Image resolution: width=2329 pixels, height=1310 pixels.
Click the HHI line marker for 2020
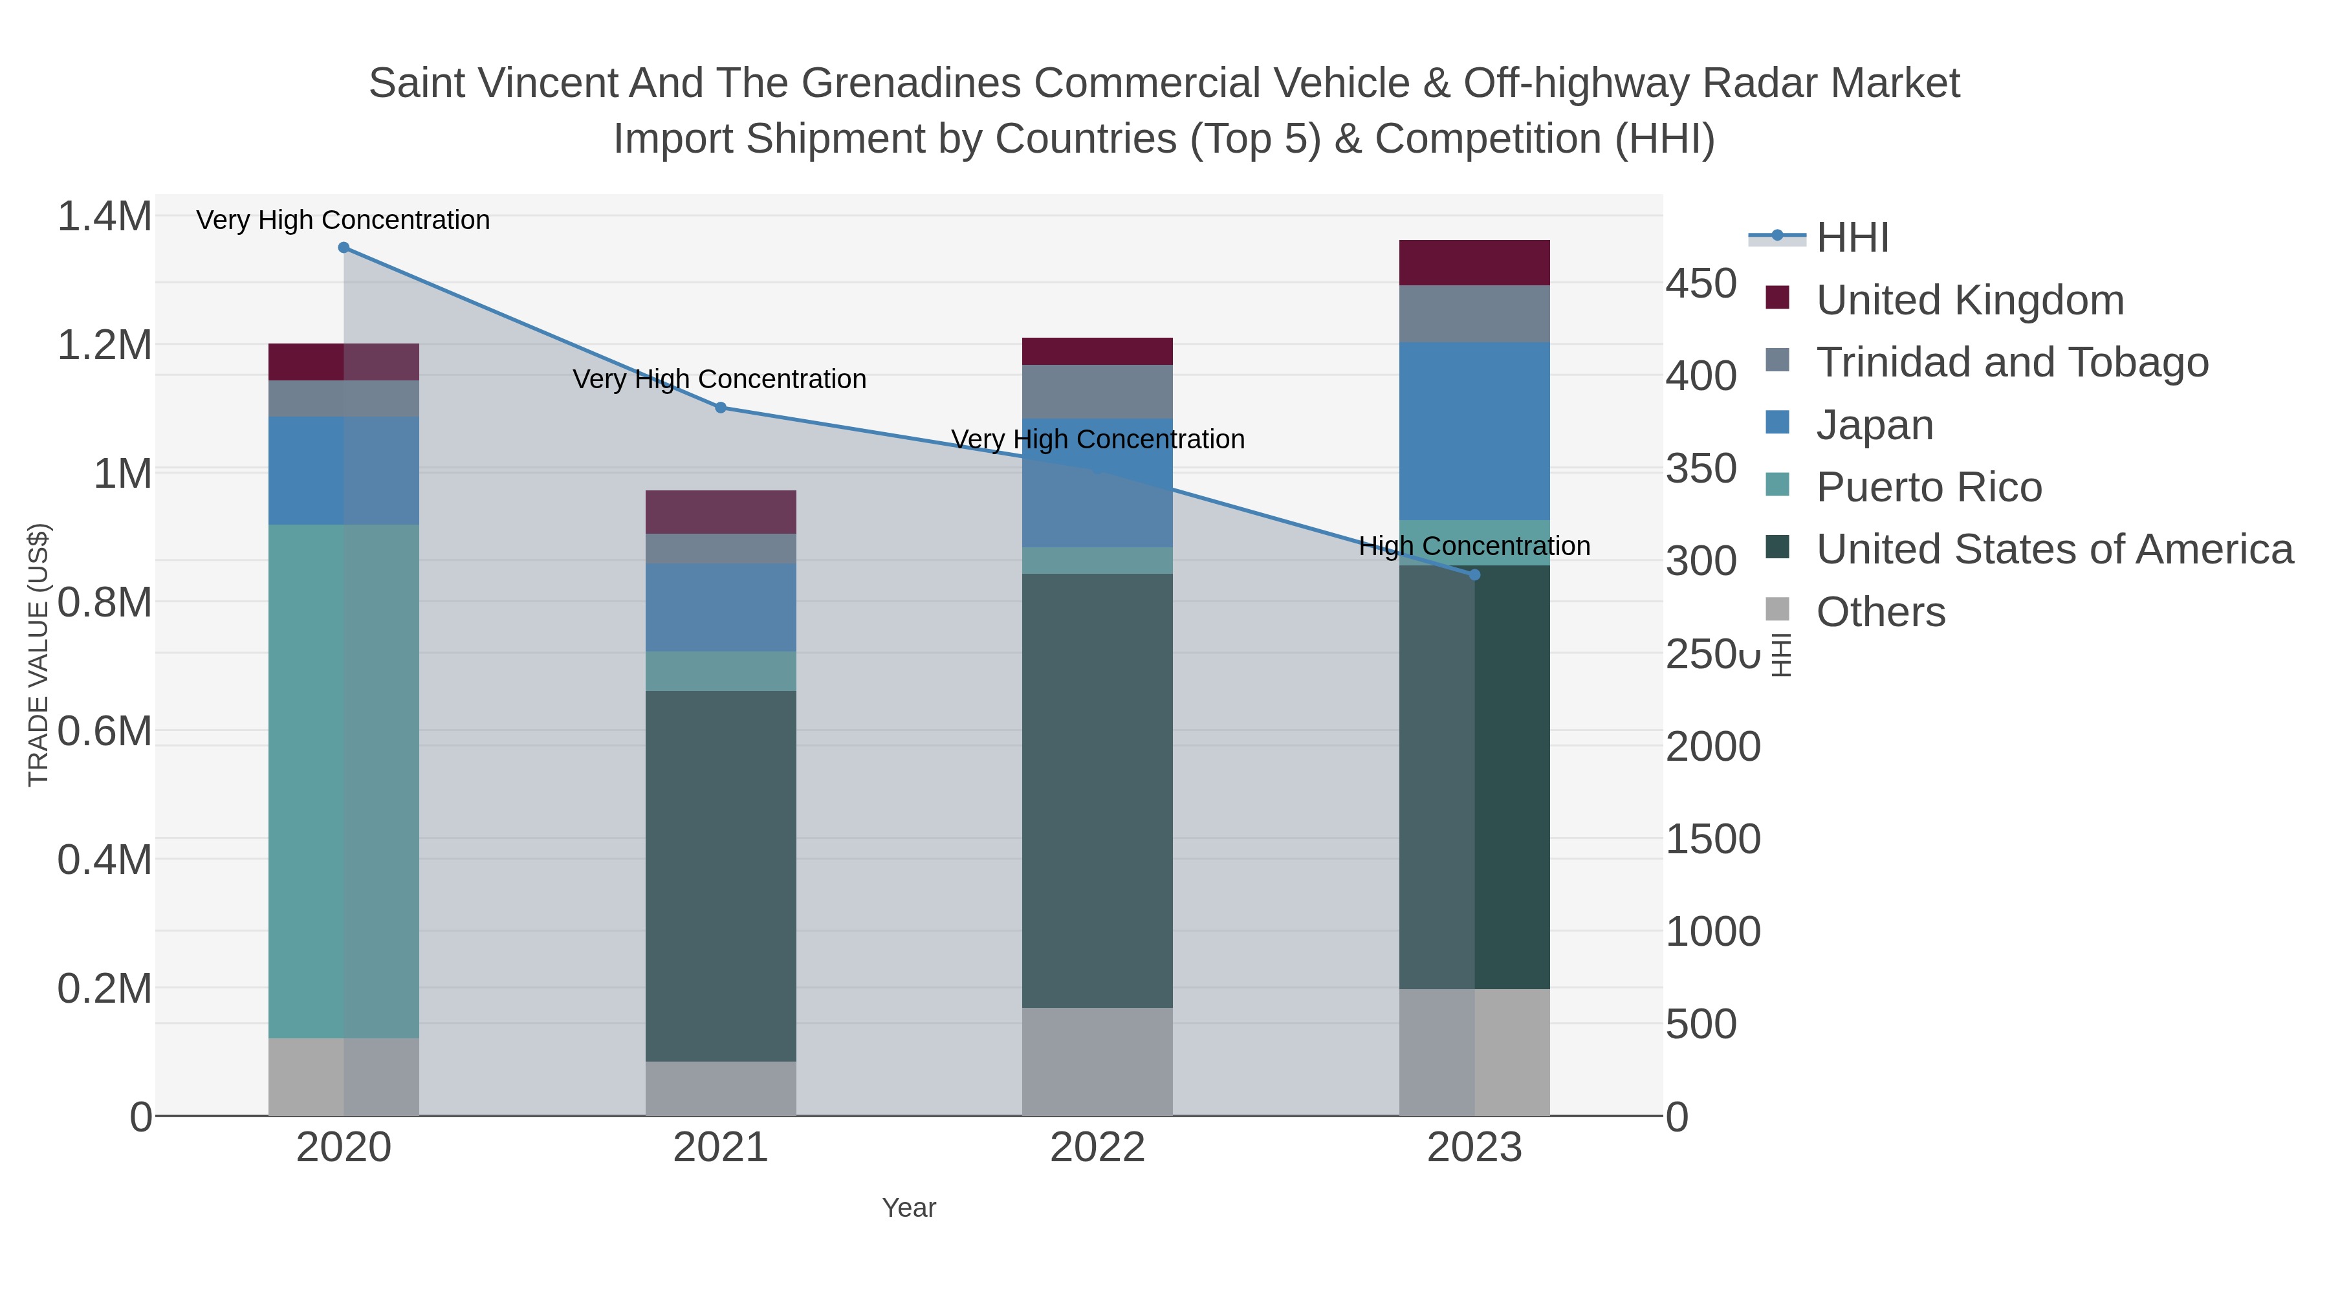tap(344, 248)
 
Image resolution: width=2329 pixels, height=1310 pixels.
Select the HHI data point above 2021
tap(721, 408)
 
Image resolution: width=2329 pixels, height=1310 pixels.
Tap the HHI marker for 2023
tap(1474, 575)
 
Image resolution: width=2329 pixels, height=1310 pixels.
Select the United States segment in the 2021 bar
tap(721, 875)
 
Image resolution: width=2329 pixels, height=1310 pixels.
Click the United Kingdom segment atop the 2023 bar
tap(1474, 263)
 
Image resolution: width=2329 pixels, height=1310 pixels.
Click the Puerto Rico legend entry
tap(1929, 487)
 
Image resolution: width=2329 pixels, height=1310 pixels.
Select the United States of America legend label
tap(2054, 550)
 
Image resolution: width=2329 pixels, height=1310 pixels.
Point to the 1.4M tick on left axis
tap(104, 217)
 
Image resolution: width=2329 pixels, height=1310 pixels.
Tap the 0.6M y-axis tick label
tap(104, 730)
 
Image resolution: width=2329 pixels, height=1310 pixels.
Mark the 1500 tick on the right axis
tap(1712, 839)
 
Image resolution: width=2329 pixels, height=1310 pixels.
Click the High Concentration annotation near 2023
tap(1474, 546)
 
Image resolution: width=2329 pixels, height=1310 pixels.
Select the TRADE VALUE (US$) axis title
tap(38, 655)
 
